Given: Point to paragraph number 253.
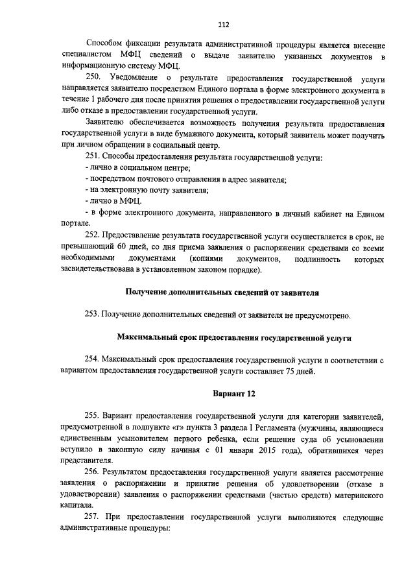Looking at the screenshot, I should click(x=95, y=316).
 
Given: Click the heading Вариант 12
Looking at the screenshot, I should click(x=224, y=394).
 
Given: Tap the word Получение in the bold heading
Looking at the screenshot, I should click(x=147, y=293).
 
